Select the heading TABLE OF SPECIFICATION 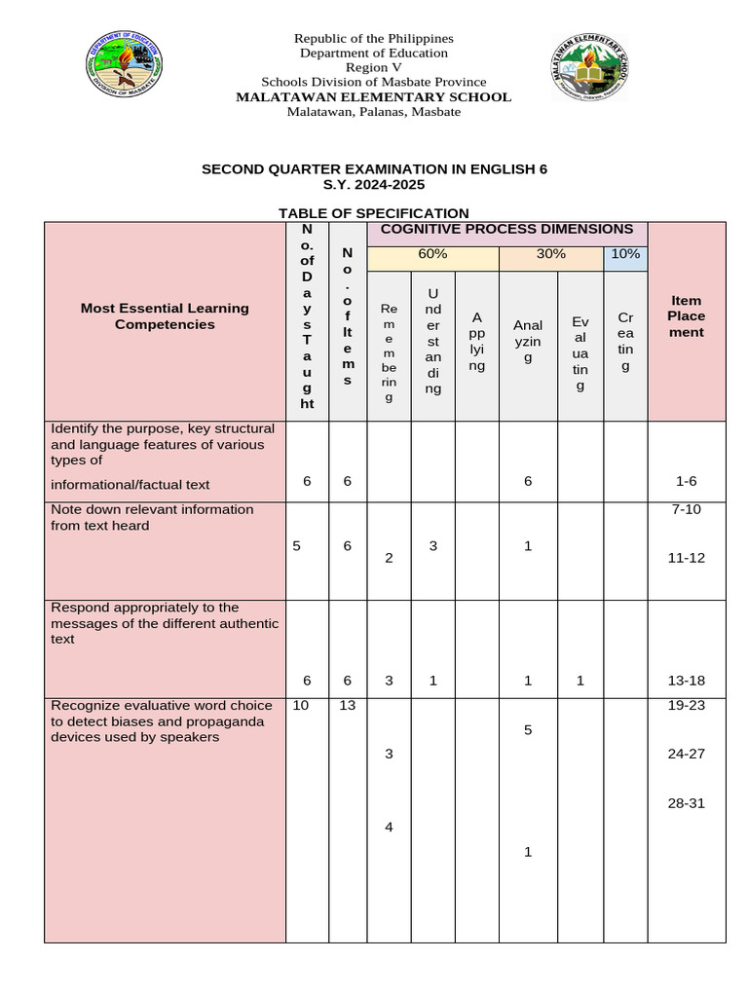[x=373, y=213]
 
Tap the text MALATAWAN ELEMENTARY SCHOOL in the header [x=373, y=96]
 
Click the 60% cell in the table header [x=432, y=254]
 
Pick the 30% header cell [x=551, y=254]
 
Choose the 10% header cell [x=625, y=254]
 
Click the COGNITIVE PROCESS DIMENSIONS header [x=506, y=229]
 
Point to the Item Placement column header [x=686, y=316]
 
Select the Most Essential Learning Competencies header [x=165, y=316]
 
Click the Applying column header [x=476, y=341]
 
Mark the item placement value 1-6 [x=686, y=481]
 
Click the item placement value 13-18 [x=686, y=681]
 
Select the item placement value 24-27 [x=686, y=754]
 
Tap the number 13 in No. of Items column [x=347, y=705]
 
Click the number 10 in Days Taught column [x=301, y=705]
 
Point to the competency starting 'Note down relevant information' [x=152, y=517]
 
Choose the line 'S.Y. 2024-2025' [x=374, y=184]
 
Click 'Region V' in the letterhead [x=373, y=67]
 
